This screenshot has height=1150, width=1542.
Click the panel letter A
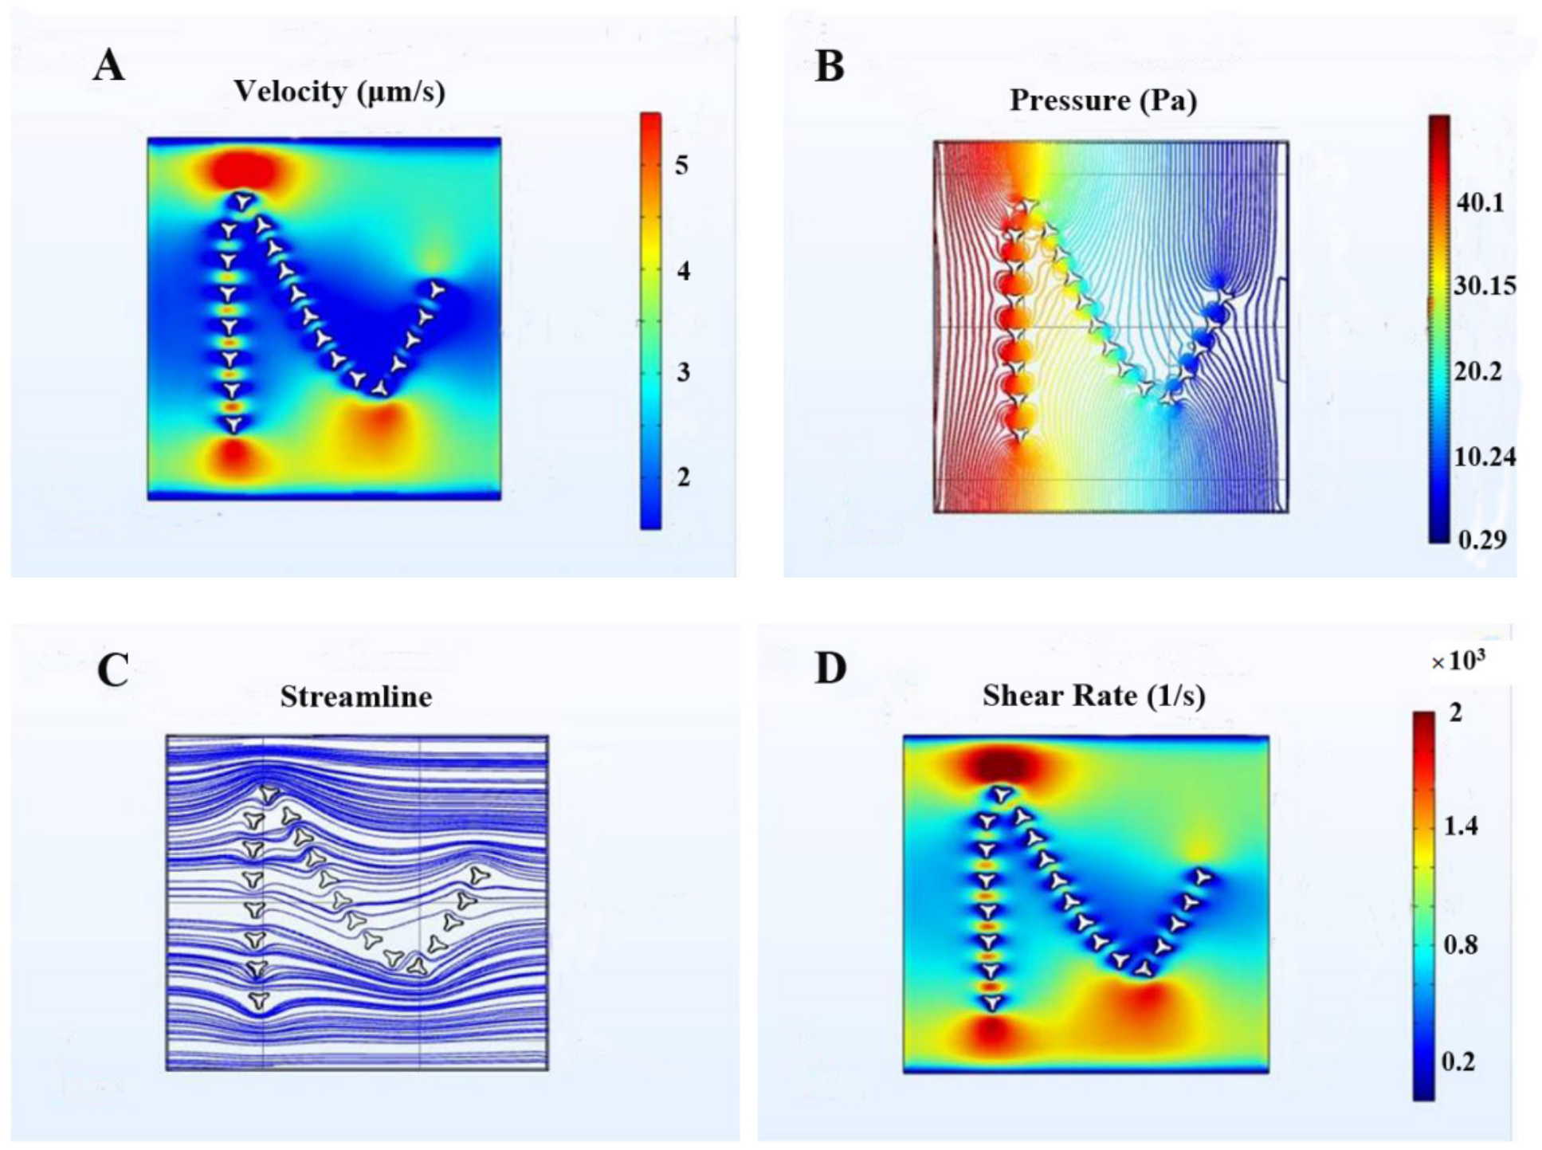point(109,65)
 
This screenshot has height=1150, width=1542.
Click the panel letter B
point(830,65)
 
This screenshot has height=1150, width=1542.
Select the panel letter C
point(113,671)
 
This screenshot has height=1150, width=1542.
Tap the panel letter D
point(830,669)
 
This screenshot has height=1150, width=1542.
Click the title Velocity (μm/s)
point(339,92)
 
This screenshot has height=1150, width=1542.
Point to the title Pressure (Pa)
point(1104,100)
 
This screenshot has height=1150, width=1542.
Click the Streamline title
point(356,697)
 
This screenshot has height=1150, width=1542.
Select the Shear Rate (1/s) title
point(1093,696)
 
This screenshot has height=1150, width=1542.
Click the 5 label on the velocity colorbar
point(682,165)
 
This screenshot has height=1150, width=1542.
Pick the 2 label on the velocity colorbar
point(683,477)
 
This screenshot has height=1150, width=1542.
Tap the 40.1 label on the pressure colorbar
point(1480,203)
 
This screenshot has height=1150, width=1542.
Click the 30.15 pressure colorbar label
point(1485,286)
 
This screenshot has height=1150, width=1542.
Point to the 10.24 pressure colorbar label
point(1485,457)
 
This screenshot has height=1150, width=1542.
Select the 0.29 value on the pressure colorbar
point(1482,540)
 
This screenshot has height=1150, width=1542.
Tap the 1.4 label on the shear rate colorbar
point(1461,826)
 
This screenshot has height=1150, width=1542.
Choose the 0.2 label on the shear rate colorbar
point(1458,1062)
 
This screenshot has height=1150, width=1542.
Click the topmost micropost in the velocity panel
point(244,202)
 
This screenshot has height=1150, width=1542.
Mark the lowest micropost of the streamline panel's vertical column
point(257,1000)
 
